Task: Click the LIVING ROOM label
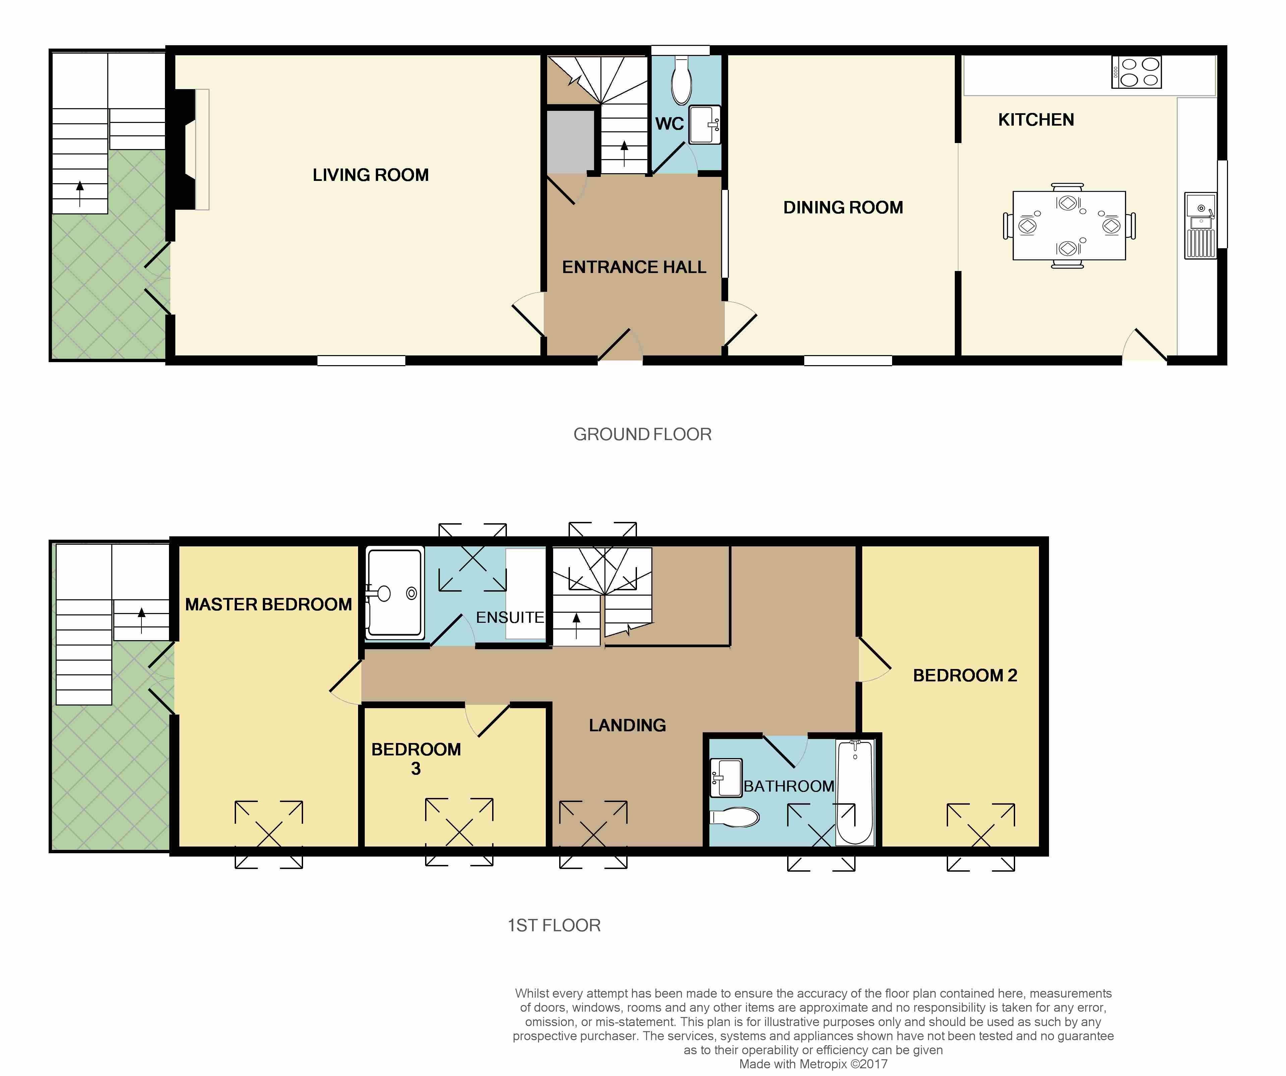[370, 175]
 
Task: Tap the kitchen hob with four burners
[1136, 72]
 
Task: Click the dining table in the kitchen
[1069, 225]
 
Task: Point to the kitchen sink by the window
[1200, 225]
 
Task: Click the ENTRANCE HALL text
[634, 267]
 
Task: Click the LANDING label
[627, 725]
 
